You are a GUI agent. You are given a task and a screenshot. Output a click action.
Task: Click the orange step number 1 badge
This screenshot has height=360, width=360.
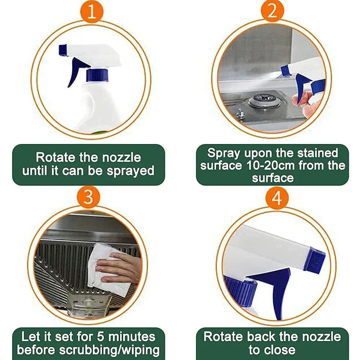[x=91, y=12]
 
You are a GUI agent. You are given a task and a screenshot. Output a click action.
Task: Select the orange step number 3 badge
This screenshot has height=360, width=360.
[x=87, y=197]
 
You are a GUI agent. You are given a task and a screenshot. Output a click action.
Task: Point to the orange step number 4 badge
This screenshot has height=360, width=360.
[x=276, y=197]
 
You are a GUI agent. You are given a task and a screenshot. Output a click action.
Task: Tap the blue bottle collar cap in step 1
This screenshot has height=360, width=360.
[x=97, y=75]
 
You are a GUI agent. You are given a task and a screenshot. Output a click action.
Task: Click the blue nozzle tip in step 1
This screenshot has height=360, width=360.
[x=63, y=50]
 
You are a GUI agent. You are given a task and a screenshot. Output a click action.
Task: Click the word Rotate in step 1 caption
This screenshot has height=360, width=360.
[x=56, y=157]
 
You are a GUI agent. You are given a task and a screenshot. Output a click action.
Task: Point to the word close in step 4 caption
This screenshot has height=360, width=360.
[x=283, y=350]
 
